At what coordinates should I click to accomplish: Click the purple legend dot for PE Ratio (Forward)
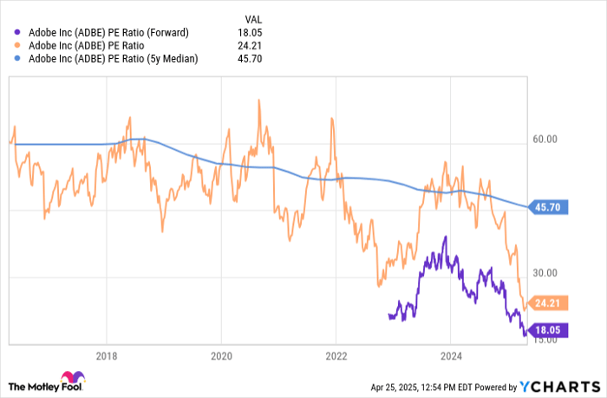point(18,33)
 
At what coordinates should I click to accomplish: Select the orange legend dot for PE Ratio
point(18,46)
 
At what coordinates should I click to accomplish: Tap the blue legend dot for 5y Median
point(18,59)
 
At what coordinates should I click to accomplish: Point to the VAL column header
point(251,18)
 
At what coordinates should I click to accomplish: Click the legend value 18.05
point(250,33)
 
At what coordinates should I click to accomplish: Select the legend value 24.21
point(250,46)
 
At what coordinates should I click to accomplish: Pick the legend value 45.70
point(250,59)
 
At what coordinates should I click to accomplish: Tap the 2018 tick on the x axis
point(107,355)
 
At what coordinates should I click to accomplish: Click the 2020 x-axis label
point(221,355)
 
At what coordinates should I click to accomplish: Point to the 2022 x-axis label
point(336,355)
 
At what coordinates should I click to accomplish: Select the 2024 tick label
point(451,355)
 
